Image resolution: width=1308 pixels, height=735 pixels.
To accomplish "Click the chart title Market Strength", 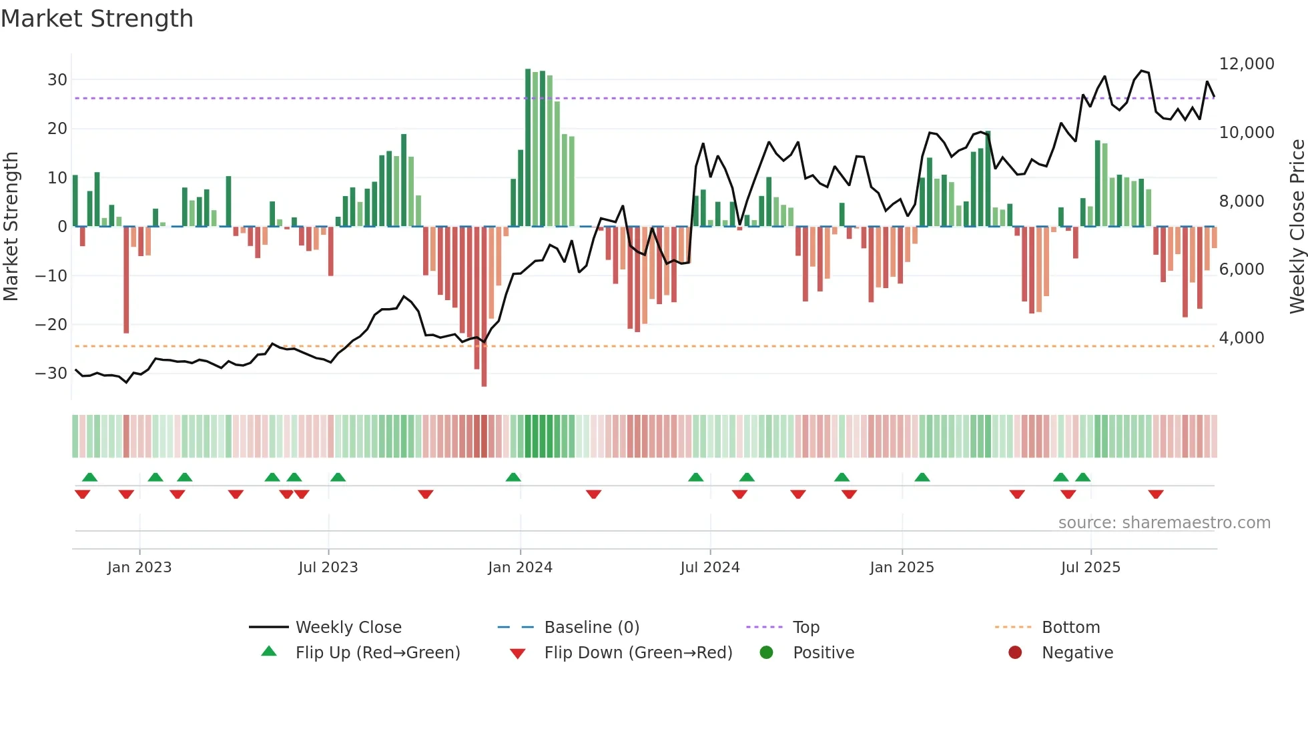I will click(x=97, y=19).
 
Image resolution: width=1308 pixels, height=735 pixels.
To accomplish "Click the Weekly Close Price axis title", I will click(x=1297, y=227).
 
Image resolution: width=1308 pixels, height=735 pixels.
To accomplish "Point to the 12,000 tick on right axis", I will click(x=1246, y=64).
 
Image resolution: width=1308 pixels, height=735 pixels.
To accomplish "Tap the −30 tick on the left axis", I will click(x=51, y=374).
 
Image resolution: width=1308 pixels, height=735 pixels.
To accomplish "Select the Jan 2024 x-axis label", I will click(x=520, y=568).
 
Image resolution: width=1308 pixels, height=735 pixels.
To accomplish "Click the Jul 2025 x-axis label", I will click(x=1090, y=568).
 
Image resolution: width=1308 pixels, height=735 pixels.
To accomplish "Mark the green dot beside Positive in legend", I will click(x=766, y=653).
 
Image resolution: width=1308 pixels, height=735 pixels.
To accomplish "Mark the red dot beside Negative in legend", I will click(x=1015, y=653).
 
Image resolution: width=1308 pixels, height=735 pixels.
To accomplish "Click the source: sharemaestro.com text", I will click(x=1164, y=523).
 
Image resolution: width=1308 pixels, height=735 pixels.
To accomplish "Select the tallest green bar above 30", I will click(x=528, y=147).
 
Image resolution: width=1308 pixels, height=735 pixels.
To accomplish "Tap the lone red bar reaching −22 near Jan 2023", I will click(x=126, y=280).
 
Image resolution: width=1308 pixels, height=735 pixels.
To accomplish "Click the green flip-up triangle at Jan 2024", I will click(x=513, y=478).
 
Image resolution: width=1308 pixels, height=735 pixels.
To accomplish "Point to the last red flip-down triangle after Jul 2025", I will click(x=1156, y=494).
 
